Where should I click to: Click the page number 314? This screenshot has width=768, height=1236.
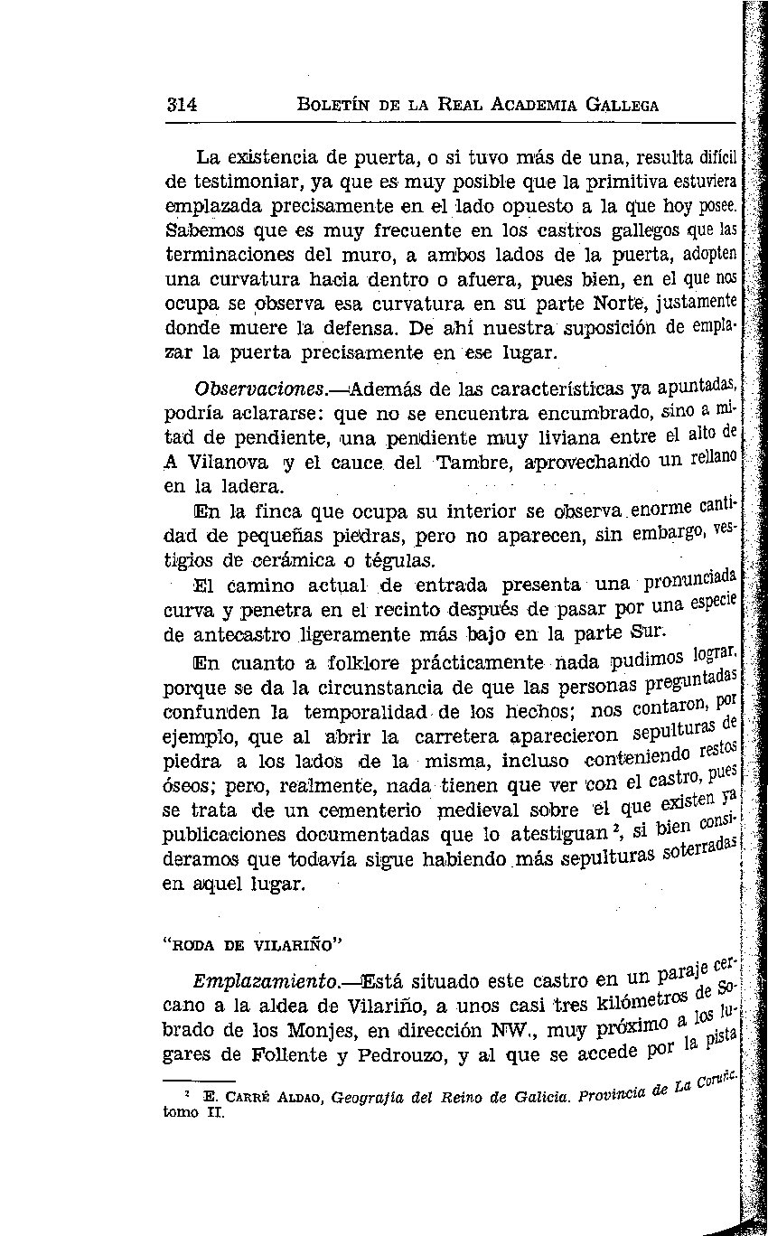click(x=183, y=104)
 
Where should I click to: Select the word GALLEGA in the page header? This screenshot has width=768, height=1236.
click(x=623, y=105)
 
